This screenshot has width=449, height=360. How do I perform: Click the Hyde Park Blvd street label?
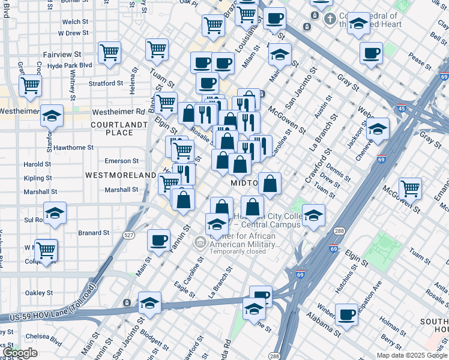(70, 65)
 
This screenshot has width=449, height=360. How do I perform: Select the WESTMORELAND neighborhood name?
(121, 175)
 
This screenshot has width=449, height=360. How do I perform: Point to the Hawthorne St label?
(73, 147)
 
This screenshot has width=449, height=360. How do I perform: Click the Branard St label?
(94, 232)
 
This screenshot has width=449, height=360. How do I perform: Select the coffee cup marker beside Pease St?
(372, 53)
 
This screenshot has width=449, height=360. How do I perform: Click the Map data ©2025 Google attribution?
(412, 355)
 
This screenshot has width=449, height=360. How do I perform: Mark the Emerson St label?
(121, 161)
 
